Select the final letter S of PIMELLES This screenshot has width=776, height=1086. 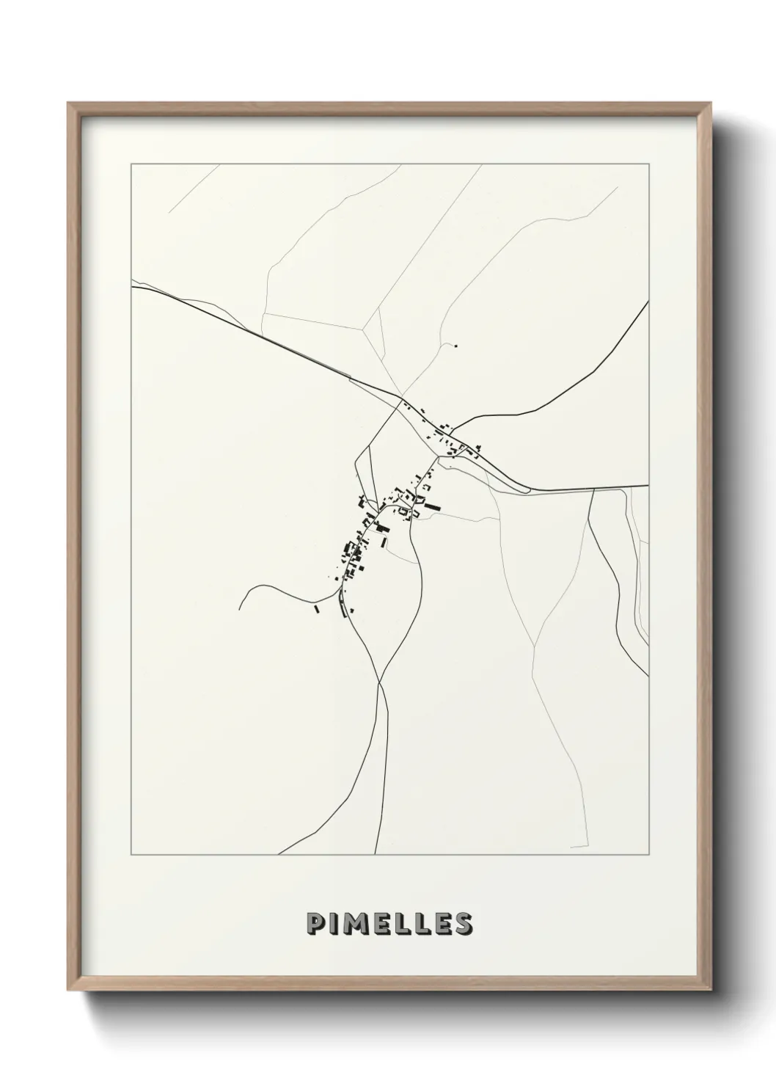tap(462, 924)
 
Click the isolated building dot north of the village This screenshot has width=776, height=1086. tap(455, 346)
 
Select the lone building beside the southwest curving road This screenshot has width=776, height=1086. tap(317, 609)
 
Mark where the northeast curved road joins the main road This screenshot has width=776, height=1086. tap(453, 428)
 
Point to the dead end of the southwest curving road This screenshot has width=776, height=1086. tap(240, 609)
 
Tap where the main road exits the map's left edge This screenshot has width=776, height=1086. tap(132, 287)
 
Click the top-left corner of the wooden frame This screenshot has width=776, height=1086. tap(68, 103)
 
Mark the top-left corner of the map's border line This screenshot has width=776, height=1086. tap(131, 164)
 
